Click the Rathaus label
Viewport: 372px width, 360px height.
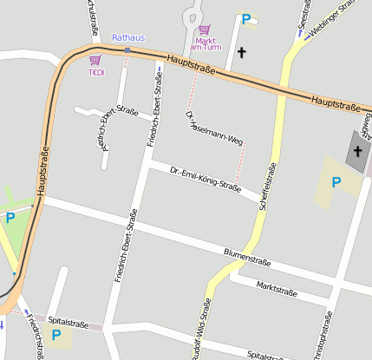[x=128, y=38]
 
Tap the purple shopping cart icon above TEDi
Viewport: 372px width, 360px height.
[x=95, y=60]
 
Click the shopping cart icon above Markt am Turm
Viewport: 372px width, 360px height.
[x=205, y=29]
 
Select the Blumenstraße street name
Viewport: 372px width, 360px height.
[x=247, y=257]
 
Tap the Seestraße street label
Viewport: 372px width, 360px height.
[x=303, y=17]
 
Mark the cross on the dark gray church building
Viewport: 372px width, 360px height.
[x=357, y=151]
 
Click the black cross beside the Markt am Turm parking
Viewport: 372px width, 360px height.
[x=242, y=53]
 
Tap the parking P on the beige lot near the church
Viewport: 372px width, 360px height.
[x=336, y=182]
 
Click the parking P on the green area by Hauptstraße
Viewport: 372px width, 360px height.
[x=10, y=218]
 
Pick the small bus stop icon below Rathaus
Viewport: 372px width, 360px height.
[x=127, y=50]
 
